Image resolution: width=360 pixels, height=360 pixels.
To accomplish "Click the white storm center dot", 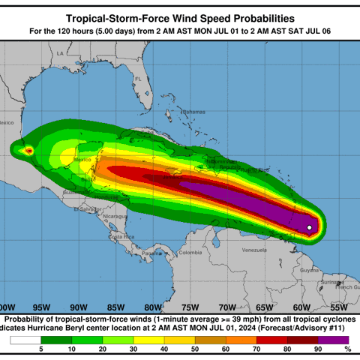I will click(310, 227).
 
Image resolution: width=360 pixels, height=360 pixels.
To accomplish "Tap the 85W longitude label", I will click(115, 307).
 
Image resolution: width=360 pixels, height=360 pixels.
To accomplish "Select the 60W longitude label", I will click(301, 307).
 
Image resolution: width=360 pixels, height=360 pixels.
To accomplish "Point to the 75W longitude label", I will click(189, 307).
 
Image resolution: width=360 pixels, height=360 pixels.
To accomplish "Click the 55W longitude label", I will click(338, 307).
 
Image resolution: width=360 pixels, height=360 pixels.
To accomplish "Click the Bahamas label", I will click(193, 112).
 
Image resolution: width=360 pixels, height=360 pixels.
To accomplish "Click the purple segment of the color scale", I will click(331, 340).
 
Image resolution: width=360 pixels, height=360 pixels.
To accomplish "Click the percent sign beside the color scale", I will click(347, 349).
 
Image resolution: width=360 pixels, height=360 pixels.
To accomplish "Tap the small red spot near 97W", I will click(29, 151).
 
